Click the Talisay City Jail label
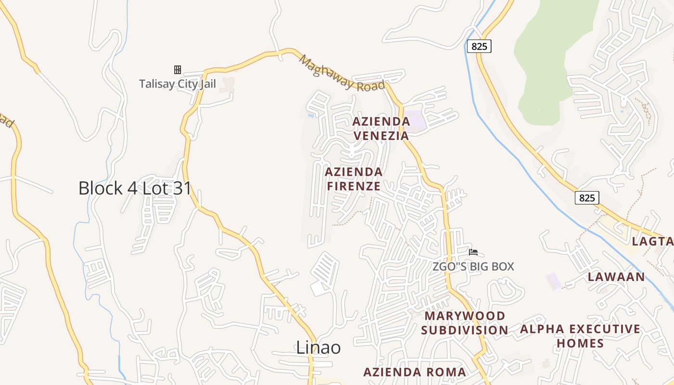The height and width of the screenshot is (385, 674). (177, 84)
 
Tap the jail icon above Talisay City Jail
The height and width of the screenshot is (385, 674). (178, 70)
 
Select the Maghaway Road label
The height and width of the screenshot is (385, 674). (342, 74)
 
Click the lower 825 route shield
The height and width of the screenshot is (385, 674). (587, 197)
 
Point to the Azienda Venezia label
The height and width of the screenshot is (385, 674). (381, 128)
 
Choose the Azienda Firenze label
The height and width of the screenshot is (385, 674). (354, 179)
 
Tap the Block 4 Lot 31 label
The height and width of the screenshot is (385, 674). (135, 188)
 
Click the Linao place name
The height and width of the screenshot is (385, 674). (318, 347)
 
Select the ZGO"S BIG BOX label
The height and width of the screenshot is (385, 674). (473, 266)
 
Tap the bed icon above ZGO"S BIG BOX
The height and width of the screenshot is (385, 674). (473, 252)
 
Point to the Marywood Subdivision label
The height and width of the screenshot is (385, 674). (465, 323)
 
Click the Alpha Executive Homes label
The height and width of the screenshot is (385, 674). (580, 336)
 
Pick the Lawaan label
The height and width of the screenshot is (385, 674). (616, 277)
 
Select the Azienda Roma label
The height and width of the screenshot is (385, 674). (415, 372)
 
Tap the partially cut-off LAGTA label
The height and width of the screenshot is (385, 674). (652, 242)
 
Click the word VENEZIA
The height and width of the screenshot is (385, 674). (381, 136)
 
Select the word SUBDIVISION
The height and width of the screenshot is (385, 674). (465, 330)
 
